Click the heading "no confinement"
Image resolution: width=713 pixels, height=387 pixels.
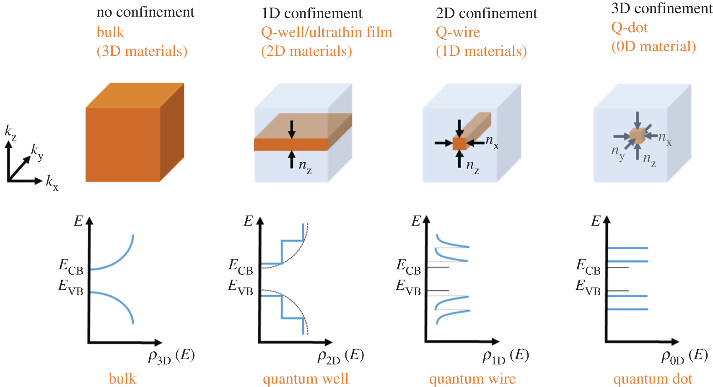pyautogui.click(x=145, y=12)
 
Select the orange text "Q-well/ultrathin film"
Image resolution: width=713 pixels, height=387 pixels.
pyautogui.click(x=326, y=32)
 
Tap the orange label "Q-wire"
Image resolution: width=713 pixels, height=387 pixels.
pyautogui.click(x=458, y=32)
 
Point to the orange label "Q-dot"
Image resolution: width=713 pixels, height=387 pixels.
pyautogui.click(x=629, y=28)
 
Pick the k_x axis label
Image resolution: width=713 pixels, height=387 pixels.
pyautogui.click(x=52, y=183)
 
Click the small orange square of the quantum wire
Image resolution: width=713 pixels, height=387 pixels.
pyautogui.click(x=459, y=143)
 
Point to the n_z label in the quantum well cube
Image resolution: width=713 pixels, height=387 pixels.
pyautogui.click(x=305, y=166)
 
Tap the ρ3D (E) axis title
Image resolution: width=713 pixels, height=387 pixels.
pyautogui.click(x=171, y=356)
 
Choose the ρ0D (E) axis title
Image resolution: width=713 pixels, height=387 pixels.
pyautogui.click(x=684, y=356)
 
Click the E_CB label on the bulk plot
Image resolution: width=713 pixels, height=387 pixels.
pyautogui.click(x=71, y=266)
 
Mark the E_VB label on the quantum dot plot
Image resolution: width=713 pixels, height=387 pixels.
pyautogui.click(x=588, y=287)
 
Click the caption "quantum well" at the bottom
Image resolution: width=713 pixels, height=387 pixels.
pyautogui.click(x=306, y=379)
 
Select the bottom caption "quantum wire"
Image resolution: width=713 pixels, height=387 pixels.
pyautogui.click(x=472, y=379)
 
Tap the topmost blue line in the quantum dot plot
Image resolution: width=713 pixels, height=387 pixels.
pyautogui.click(x=627, y=248)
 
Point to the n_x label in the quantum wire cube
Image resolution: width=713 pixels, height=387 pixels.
pyautogui.click(x=492, y=142)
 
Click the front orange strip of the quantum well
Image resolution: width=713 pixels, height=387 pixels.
pyautogui.click(x=291, y=145)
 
